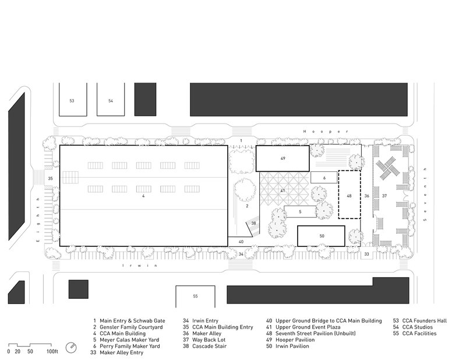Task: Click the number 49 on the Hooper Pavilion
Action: [283, 158]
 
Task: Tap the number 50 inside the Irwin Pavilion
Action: [322, 236]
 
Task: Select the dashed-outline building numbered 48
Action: [349, 195]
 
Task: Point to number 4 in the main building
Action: [143, 196]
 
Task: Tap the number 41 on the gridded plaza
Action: [283, 191]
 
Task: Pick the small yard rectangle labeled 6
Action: [324, 178]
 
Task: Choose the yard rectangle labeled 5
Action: [300, 211]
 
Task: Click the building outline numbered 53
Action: [73, 99]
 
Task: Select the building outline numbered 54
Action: [111, 99]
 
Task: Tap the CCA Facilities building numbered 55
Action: [195, 297]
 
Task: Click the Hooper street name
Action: [326, 132]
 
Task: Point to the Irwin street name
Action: [140, 266]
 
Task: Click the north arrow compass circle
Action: [71, 348]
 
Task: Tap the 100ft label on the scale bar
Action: [52, 352]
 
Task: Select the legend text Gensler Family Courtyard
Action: [131, 327]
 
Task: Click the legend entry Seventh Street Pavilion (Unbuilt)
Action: [315, 334]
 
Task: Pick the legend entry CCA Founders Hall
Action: [425, 321]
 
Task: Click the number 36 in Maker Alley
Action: [367, 196]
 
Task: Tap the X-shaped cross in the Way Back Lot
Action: [388, 168]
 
